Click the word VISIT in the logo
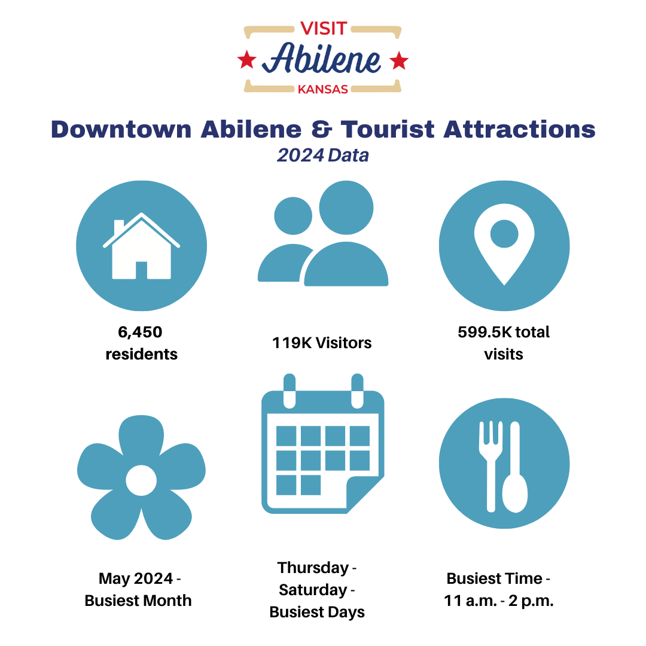click(324, 29)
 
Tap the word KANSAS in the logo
click(323, 89)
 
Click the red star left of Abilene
click(247, 60)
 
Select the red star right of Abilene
click(399, 60)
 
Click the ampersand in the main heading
click(321, 129)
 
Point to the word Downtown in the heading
click(121, 129)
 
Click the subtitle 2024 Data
click(323, 156)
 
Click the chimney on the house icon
click(119, 227)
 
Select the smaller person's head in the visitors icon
click(293, 216)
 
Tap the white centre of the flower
click(141, 480)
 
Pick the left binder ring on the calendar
click(290, 391)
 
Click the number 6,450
click(140, 332)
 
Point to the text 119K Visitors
click(322, 343)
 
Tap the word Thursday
click(313, 568)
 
